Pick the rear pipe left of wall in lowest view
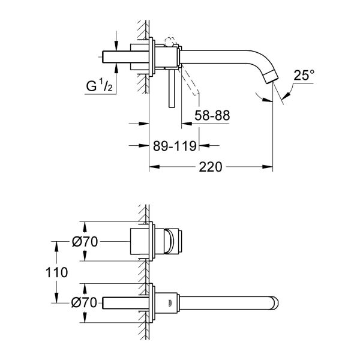click(123, 302)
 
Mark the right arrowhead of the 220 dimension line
click(270, 168)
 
